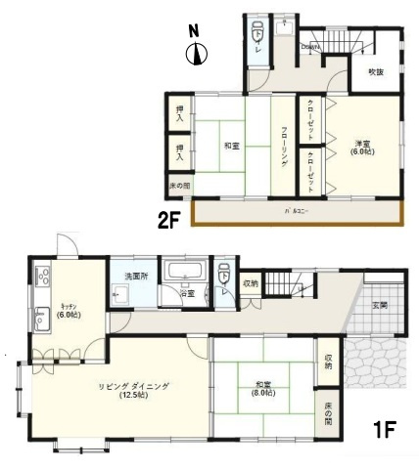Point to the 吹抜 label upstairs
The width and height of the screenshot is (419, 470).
tap(375, 72)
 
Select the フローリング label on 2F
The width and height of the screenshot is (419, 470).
tap(284, 146)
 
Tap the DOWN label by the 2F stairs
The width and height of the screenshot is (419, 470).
tap(311, 46)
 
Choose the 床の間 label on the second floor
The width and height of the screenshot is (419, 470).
tap(180, 185)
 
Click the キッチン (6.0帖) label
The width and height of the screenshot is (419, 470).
tap(68, 310)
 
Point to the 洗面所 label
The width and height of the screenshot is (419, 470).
tap(135, 277)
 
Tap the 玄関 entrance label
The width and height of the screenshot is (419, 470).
tap(379, 307)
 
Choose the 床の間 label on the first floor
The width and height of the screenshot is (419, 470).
tap(326, 415)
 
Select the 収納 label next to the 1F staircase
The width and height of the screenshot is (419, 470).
tap(251, 284)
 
